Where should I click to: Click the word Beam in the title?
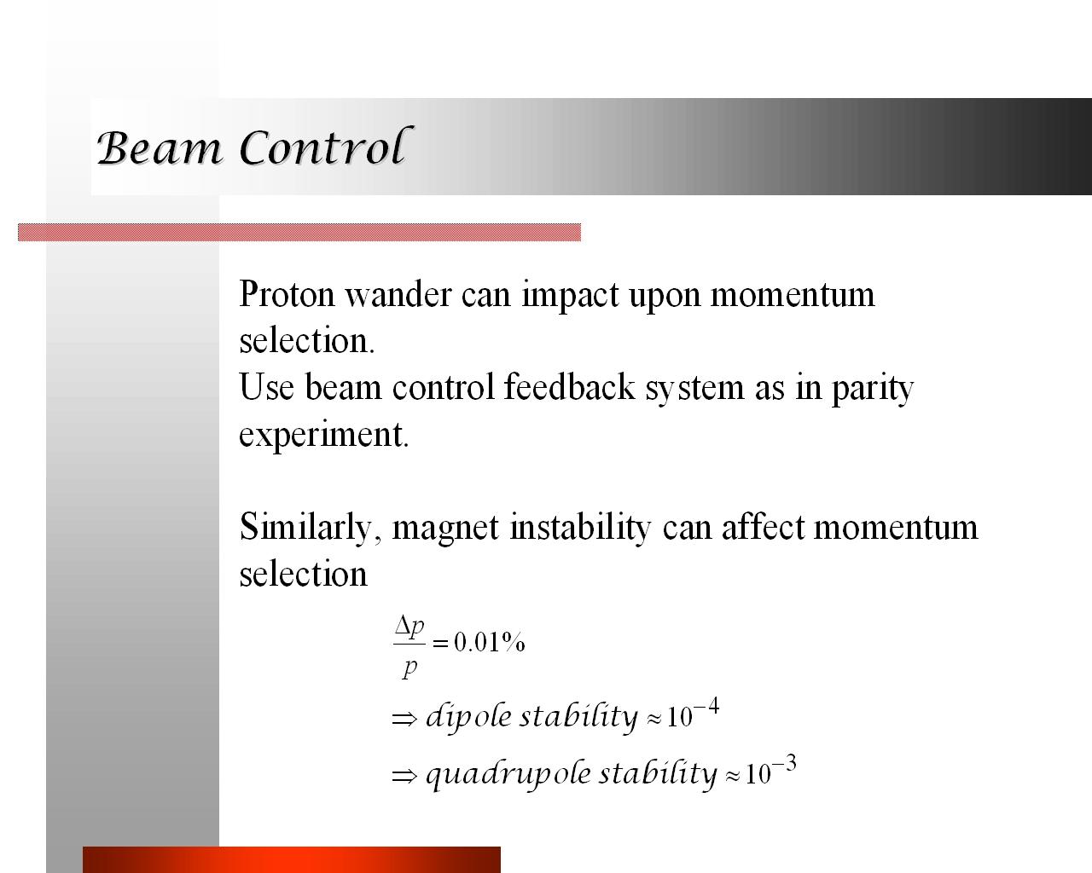(160, 147)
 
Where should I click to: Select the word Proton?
(287, 294)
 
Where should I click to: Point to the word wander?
(398, 295)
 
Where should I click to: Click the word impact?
(571, 296)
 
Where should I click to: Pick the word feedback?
(569, 388)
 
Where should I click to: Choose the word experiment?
(323, 435)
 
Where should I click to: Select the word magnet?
(445, 529)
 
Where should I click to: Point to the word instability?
(580, 528)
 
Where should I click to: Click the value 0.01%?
(489, 642)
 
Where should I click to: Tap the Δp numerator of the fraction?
(409, 627)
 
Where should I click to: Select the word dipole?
(468, 717)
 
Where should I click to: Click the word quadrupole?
(508, 775)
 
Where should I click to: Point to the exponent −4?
(706, 706)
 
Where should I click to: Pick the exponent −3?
(784, 763)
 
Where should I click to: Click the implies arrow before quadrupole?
(404, 776)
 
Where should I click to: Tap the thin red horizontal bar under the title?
(299, 233)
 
